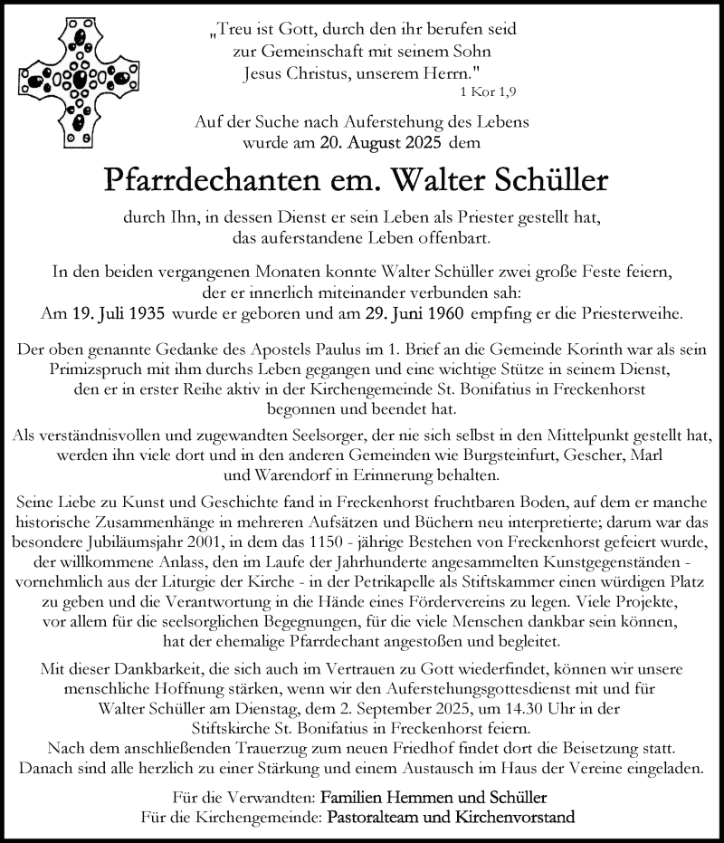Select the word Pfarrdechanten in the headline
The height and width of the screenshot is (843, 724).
(220, 180)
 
